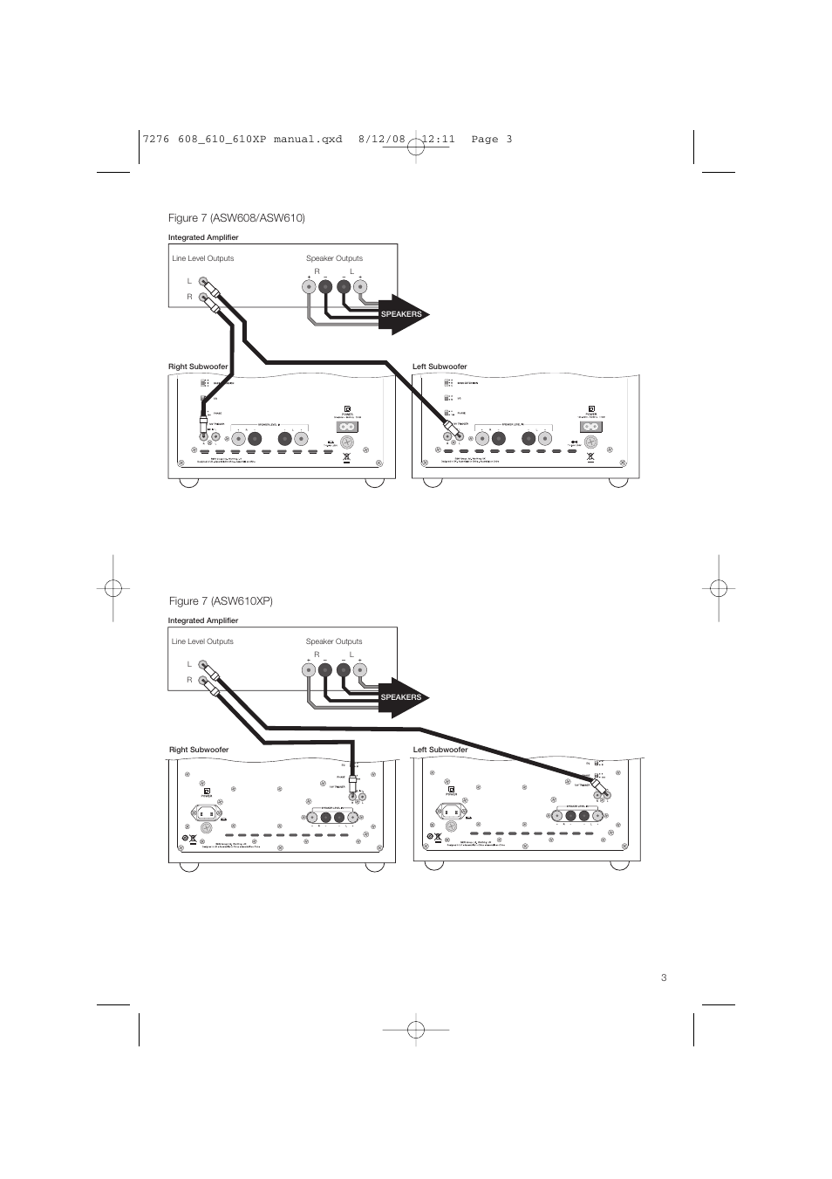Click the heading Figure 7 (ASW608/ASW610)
[236, 217]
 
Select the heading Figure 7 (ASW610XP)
[221, 601]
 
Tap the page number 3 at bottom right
[664, 977]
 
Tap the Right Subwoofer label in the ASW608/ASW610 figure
[198, 367]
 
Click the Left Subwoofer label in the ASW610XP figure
[440, 750]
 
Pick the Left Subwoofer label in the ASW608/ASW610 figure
[440, 367]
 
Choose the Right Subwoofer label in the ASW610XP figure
[199, 750]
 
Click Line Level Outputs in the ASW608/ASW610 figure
[202, 258]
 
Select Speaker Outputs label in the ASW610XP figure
[334, 641]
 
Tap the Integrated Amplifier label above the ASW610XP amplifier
[203, 620]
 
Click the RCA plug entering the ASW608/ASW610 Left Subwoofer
[452, 427]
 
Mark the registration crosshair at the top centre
[416, 147]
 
